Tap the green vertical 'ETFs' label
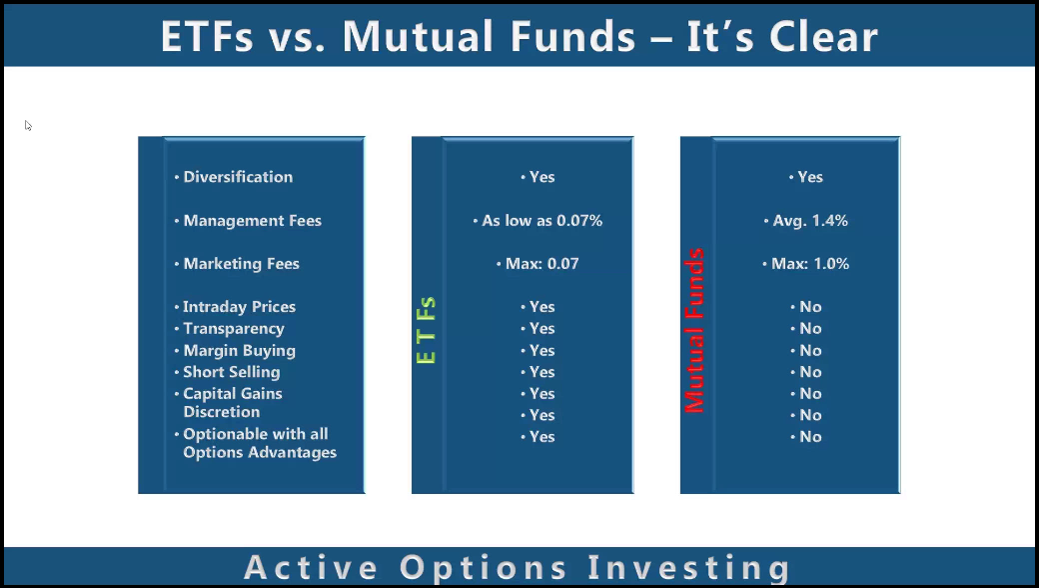(426, 330)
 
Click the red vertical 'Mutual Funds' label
(693, 330)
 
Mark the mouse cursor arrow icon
(28, 125)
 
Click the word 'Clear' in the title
(823, 36)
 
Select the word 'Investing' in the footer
(689, 568)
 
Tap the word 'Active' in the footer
(311, 567)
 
